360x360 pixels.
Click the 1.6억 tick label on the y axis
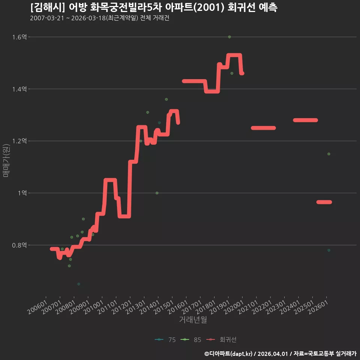point(19,37)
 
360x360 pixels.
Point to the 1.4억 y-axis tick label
point(19,89)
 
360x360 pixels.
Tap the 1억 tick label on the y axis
point(22,193)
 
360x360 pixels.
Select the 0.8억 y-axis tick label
point(19,245)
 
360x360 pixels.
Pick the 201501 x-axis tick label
point(164,307)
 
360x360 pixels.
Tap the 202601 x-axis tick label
point(318,307)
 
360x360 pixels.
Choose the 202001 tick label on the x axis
point(234,307)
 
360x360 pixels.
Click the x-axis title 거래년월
point(193,319)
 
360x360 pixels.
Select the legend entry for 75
point(165,340)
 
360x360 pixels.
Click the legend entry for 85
point(191,340)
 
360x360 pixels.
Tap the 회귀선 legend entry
point(221,340)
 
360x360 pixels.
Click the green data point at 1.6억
point(229,37)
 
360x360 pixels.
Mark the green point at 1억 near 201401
point(157,193)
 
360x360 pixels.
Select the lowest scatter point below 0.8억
point(79,284)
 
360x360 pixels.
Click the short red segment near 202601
point(324,202)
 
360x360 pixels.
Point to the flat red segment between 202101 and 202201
point(263,128)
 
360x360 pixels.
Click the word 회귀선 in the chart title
point(241,7)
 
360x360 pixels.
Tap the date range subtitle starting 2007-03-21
point(100,18)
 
